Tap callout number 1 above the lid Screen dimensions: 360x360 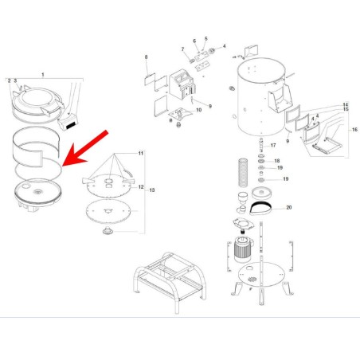(x=43, y=73)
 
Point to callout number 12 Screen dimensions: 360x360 (x=141, y=186)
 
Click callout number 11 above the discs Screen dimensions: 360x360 (x=139, y=152)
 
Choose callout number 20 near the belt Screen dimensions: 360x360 (x=289, y=207)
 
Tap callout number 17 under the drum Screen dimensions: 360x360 (x=272, y=146)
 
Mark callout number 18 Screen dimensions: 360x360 (x=276, y=162)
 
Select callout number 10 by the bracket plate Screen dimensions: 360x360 (x=198, y=110)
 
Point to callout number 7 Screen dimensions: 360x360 (x=182, y=49)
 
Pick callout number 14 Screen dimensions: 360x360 (x=346, y=105)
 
